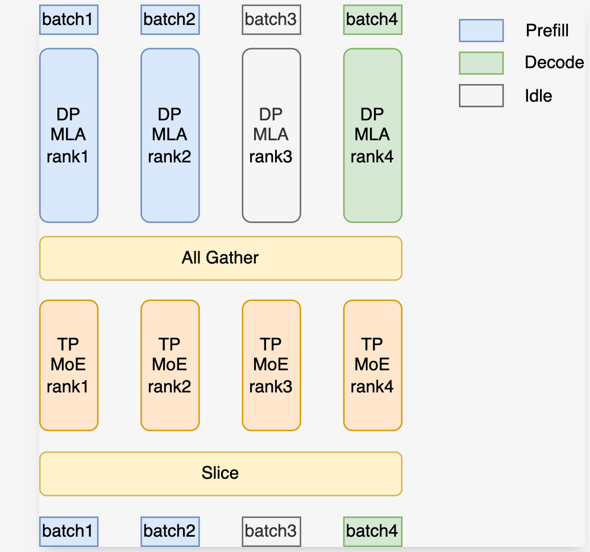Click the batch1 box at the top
[68, 20]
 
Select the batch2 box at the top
[169, 20]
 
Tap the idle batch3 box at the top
[271, 20]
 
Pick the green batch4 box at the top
[372, 20]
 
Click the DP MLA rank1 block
[68, 135]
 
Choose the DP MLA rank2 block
[169, 135]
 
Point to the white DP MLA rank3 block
[271, 135]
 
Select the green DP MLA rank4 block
[372, 135]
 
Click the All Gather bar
[221, 258]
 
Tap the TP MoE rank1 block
[68, 365]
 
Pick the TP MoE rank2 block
[169, 365]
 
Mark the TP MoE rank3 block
[271, 365]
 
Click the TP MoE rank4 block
[372, 365]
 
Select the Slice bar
[221, 473]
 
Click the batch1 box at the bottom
[68, 531]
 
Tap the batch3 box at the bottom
[271, 531]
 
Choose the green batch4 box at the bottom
[372, 531]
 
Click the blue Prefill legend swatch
[481, 31]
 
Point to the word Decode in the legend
[554, 62]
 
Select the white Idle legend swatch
[481, 95]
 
